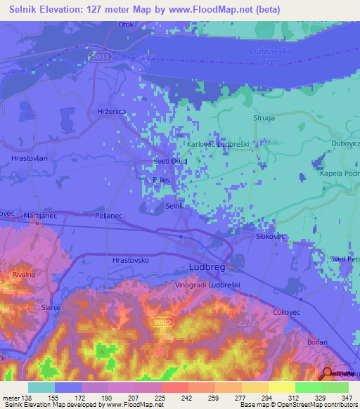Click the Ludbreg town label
210,268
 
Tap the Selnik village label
174,206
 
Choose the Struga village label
264,119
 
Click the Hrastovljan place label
30,159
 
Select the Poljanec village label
109,217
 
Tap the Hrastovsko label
131,260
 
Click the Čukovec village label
287,311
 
